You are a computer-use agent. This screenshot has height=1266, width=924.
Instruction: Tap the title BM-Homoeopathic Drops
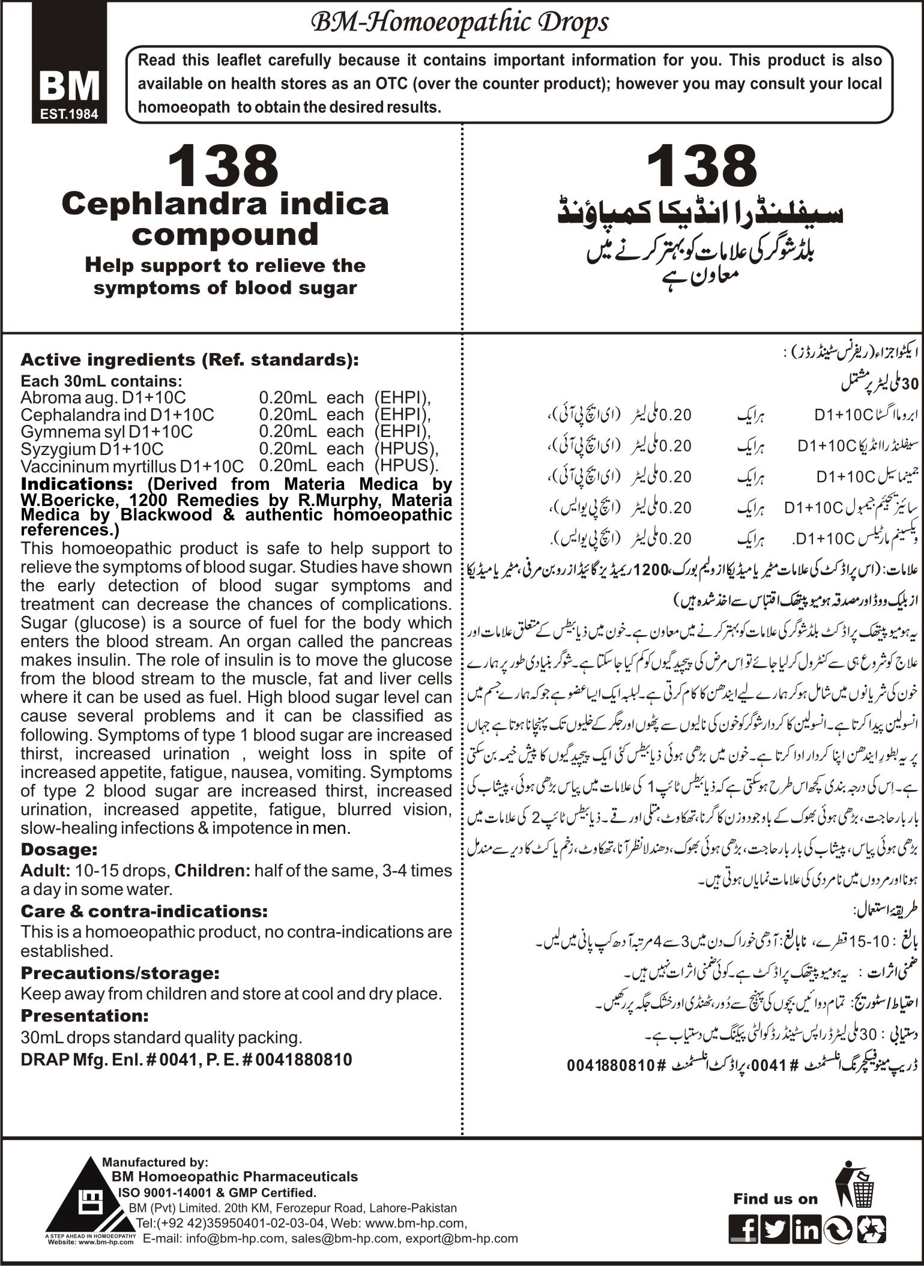click(x=459, y=23)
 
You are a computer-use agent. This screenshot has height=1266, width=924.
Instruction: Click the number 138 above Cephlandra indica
click(x=225, y=168)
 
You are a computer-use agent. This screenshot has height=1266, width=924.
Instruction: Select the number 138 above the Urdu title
click(x=702, y=168)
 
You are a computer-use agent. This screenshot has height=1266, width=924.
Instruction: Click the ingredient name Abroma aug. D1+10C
click(x=103, y=397)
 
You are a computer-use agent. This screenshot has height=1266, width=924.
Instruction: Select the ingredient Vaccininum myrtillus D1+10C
click(x=132, y=466)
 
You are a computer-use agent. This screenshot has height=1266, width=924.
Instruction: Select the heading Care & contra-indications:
click(x=144, y=911)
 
